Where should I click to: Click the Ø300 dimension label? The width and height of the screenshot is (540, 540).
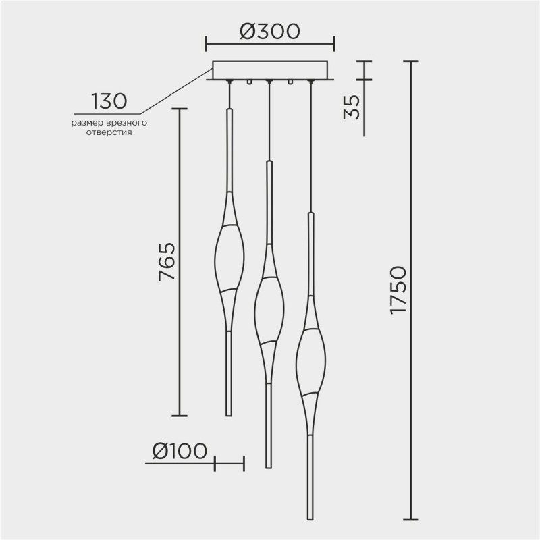point(269,32)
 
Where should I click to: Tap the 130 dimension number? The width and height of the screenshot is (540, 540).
point(109,101)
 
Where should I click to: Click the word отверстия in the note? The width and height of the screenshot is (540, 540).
point(109,132)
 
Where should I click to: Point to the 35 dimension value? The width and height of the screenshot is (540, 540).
point(352,107)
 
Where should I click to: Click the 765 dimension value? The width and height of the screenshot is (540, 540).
point(167,262)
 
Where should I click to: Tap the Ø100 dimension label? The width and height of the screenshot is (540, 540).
point(180,451)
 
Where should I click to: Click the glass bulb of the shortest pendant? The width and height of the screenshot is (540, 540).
point(229,258)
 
